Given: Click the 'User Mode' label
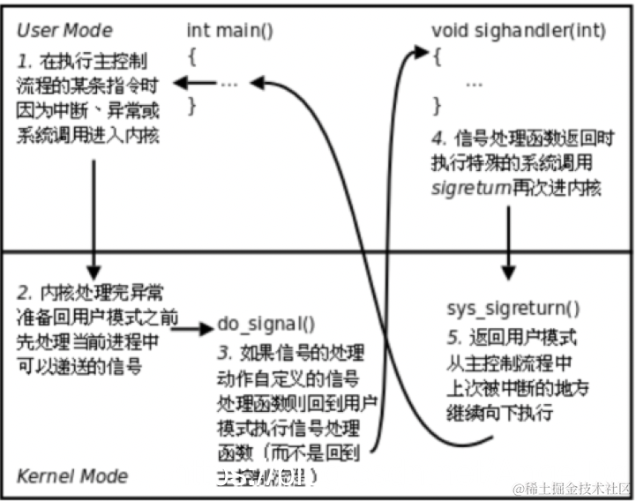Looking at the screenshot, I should (x=64, y=31).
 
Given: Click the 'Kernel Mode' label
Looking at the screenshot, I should (x=72, y=476).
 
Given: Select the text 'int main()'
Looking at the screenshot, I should (x=230, y=31).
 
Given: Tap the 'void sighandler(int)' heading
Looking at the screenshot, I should (x=518, y=31).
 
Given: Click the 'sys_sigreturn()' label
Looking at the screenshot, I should (x=513, y=309).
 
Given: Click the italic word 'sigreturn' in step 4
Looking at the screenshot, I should (x=468, y=188).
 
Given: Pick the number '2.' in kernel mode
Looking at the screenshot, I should (x=24, y=290).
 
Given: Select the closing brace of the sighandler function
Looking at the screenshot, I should (x=436, y=107).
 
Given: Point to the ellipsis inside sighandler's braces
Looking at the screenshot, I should (x=474, y=82).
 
